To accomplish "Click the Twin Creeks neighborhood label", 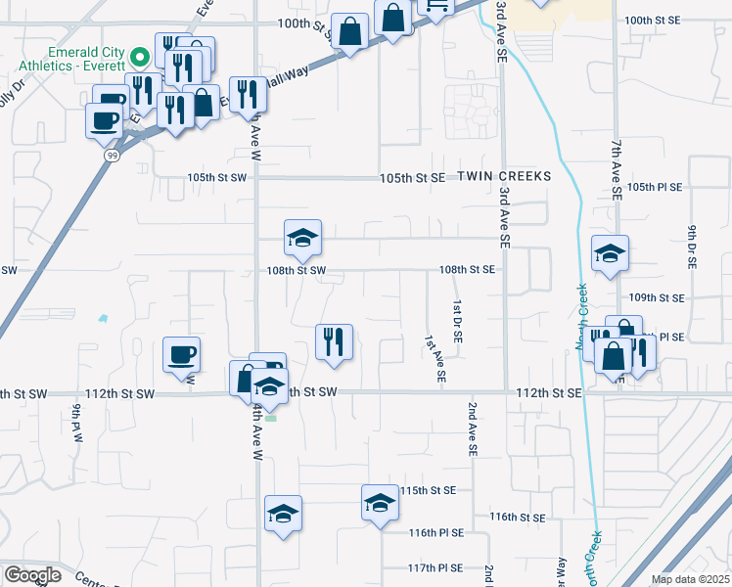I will (x=508, y=176).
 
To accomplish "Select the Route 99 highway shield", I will (x=113, y=156).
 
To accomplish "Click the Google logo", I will (x=32, y=575).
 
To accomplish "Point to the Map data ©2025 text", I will (x=691, y=579).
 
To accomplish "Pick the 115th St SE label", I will (x=429, y=489).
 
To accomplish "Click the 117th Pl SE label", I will (x=435, y=567).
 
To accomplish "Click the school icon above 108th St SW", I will (x=302, y=237).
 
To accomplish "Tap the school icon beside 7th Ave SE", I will (x=610, y=253).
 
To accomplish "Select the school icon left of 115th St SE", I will (x=381, y=502).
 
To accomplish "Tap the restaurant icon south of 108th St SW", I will (x=334, y=341).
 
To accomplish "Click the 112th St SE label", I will (x=550, y=392).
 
